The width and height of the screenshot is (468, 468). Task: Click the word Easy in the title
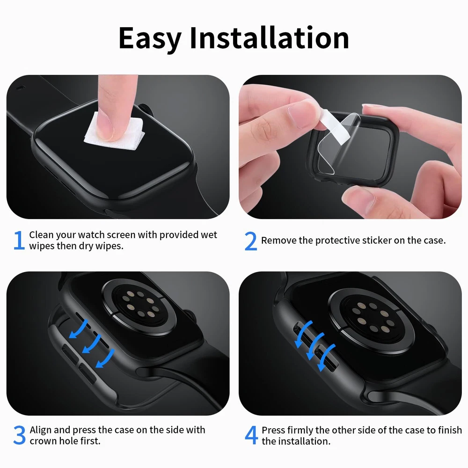150,39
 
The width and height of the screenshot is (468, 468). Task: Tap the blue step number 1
19,240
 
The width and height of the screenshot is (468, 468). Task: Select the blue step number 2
250,241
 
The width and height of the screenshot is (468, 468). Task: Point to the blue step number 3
19,435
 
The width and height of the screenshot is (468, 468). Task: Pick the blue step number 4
251,435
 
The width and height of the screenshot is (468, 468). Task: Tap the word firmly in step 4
299,430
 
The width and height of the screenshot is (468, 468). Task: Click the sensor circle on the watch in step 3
139,307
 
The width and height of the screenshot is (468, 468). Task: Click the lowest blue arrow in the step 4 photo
326,358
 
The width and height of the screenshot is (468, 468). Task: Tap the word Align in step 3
41,430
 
